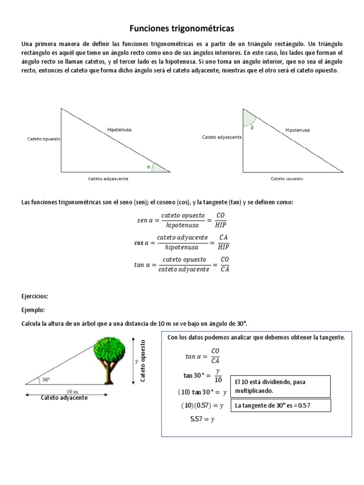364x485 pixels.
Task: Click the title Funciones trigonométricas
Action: tap(182, 29)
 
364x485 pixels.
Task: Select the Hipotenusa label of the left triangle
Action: tap(119, 129)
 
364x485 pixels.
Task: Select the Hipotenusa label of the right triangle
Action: tap(298, 130)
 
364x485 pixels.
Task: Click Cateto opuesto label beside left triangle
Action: tap(44, 140)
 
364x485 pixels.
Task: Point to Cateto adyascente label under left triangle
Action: tap(108, 179)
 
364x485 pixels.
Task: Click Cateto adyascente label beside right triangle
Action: tap(222, 137)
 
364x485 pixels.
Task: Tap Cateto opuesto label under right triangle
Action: tap(287, 179)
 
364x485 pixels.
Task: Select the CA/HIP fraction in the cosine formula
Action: tap(223, 242)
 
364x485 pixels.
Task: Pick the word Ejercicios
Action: tap(35, 296)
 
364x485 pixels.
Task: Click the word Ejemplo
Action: tap(33, 310)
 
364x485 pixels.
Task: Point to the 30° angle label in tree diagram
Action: tap(46, 379)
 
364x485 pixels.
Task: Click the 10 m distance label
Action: tap(73, 391)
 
